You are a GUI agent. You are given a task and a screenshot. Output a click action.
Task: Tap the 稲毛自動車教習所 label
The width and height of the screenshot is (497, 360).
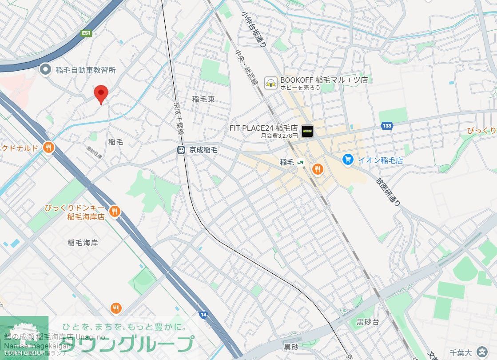pos(86,70)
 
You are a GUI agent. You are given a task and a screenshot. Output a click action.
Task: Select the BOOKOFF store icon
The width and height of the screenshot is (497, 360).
pos(270,83)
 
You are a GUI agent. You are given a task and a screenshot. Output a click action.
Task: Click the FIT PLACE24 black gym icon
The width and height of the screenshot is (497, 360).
pos(307,131)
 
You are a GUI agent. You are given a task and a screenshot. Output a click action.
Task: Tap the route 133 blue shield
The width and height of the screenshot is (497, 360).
pos(387,126)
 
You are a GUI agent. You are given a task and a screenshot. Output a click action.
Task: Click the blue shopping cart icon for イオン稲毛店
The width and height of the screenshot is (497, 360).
pos(348,159)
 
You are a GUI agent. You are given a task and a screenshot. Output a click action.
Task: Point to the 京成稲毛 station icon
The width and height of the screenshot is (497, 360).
pos(181,150)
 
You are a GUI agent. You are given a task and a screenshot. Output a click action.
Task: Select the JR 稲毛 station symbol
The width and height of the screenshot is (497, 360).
pos(301,162)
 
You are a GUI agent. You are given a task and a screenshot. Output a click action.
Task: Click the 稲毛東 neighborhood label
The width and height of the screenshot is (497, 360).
pos(203,99)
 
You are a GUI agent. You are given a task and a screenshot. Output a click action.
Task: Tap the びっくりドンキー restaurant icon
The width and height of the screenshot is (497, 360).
pos(115,212)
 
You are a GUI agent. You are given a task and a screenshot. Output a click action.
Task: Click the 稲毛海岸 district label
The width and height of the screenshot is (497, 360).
pos(83,243)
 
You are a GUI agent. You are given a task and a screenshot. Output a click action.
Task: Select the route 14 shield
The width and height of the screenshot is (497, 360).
pos(203,315)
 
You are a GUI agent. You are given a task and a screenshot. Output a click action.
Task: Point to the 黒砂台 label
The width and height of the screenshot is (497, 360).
pos(368,322)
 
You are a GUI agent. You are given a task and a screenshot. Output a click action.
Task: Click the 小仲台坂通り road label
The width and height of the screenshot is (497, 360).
pos(254,30)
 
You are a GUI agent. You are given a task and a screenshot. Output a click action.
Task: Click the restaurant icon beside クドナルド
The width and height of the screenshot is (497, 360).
pos(48,148)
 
